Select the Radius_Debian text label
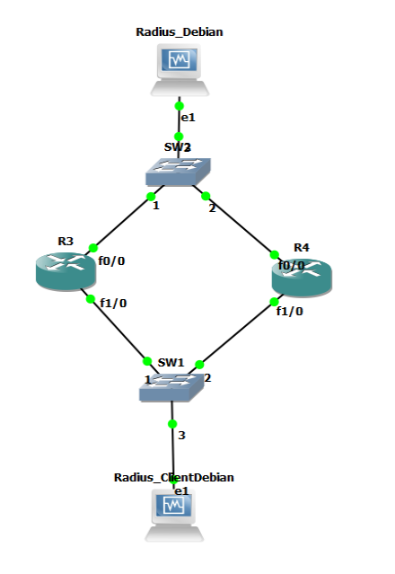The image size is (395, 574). (x=180, y=32)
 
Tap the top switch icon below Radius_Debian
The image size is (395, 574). (x=180, y=171)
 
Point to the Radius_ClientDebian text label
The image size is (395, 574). (x=174, y=477)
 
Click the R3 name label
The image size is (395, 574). (x=66, y=241)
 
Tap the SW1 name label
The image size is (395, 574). (x=171, y=362)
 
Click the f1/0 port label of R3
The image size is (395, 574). (x=113, y=303)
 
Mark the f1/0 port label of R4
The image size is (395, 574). (x=290, y=312)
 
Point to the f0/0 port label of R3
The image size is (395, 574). (x=111, y=262)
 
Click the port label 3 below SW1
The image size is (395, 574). (x=181, y=436)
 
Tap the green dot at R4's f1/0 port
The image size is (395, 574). (x=274, y=301)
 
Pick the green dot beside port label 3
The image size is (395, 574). (x=172, y=423)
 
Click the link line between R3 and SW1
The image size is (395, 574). (x=118, y=330)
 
